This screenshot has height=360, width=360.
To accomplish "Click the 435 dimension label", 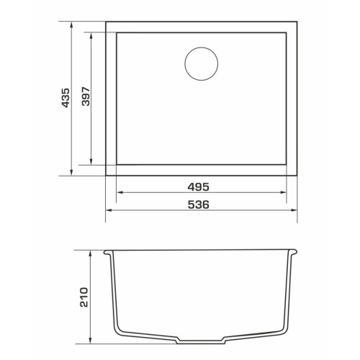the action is click(x=66, y=98).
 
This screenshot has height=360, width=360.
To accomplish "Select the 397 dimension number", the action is click(x=86, y=96).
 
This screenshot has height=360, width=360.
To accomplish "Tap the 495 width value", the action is click(x=198, y=187).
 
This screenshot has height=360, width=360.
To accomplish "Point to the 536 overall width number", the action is click(x=198, y=204).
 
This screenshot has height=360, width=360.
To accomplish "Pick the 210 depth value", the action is click(x=84, y=297).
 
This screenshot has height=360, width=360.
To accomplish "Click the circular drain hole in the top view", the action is click(x=202, y=63).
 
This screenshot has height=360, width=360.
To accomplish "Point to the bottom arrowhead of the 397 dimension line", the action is click(x=91, y=162).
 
